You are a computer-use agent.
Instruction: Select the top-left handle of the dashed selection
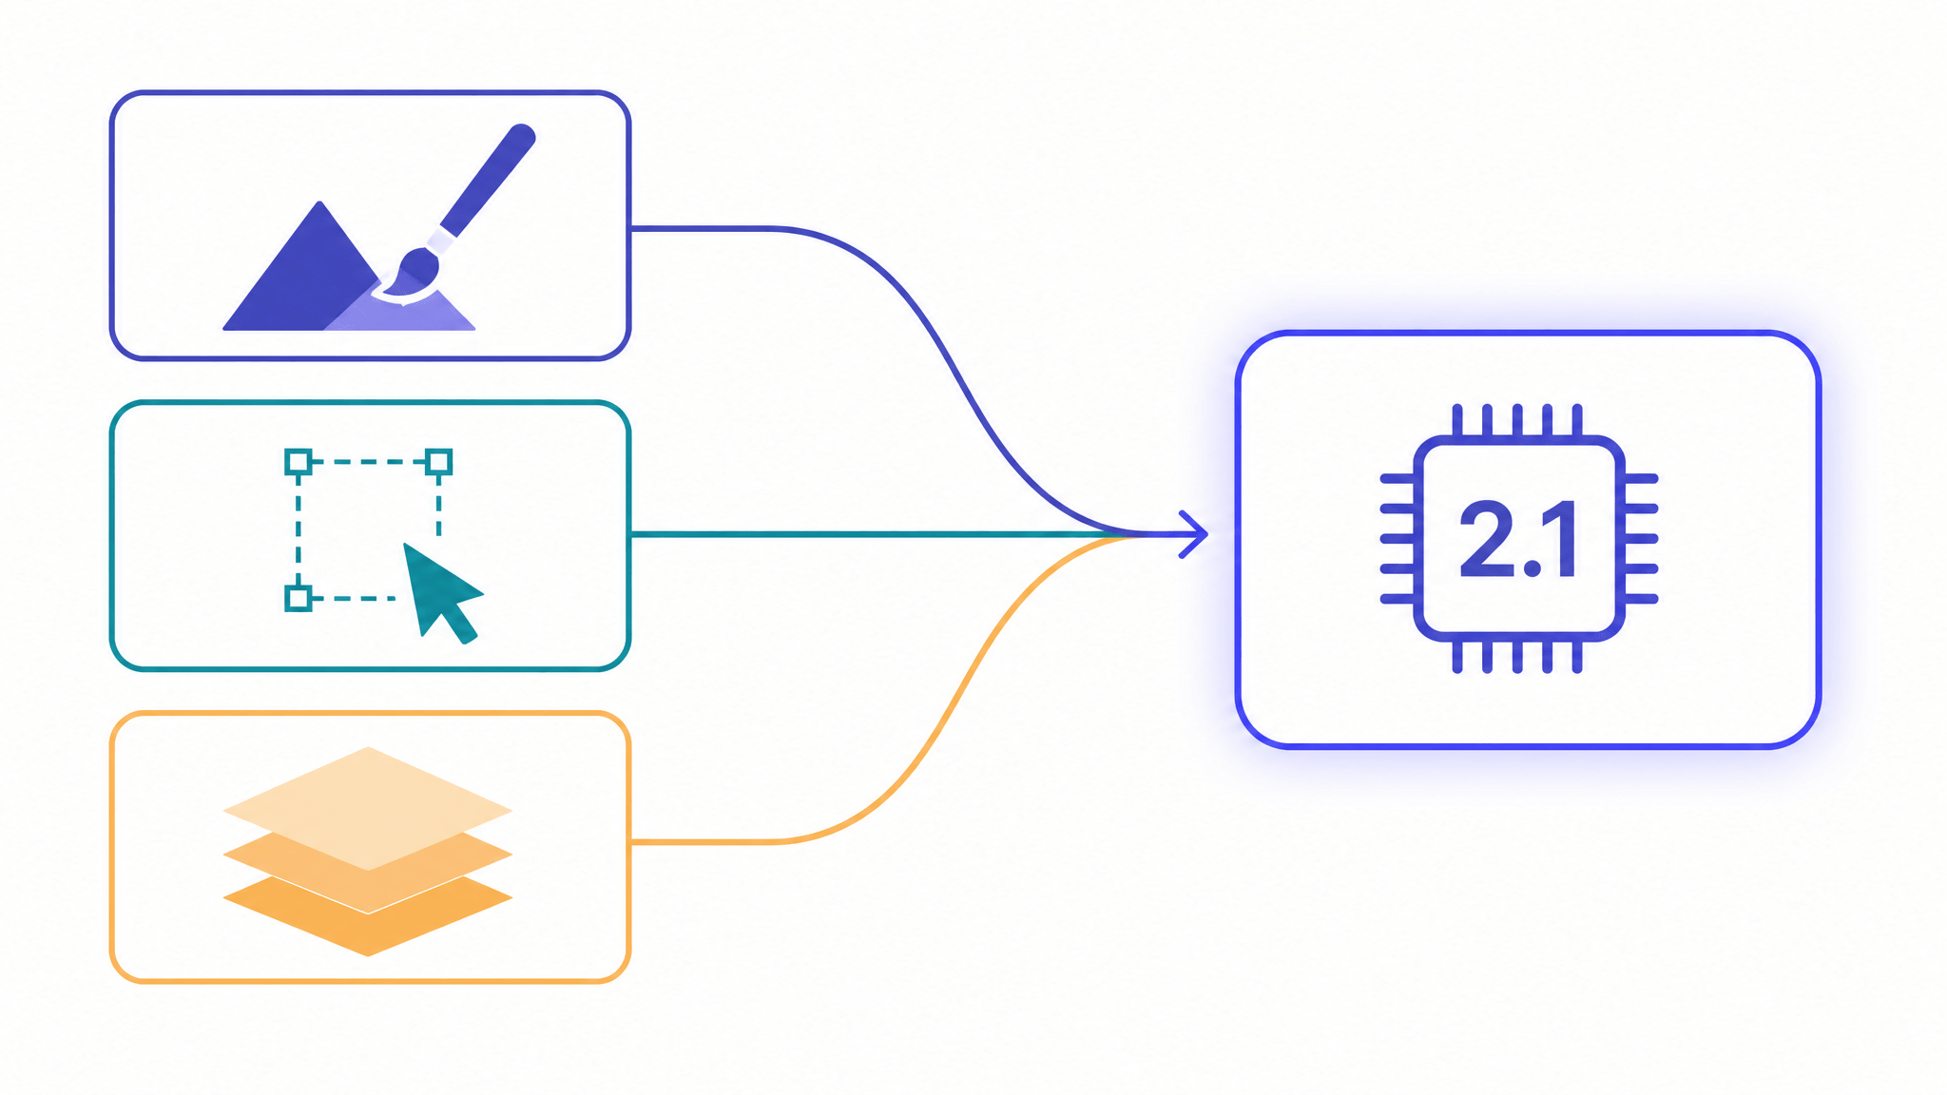(x=299, y=463)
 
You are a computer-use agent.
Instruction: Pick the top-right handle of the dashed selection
(x=438, y=463)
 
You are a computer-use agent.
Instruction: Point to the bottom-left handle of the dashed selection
(x=299, y=598)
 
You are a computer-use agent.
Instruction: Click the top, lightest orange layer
(x=368, y=808)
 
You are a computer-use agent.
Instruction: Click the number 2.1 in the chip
(x=1519, y=539)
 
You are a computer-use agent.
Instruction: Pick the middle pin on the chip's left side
(x=1398, y=539)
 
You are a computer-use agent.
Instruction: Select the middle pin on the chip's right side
(x=1640, y=539)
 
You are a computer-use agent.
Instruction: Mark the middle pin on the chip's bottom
(x=1518, y=656)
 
